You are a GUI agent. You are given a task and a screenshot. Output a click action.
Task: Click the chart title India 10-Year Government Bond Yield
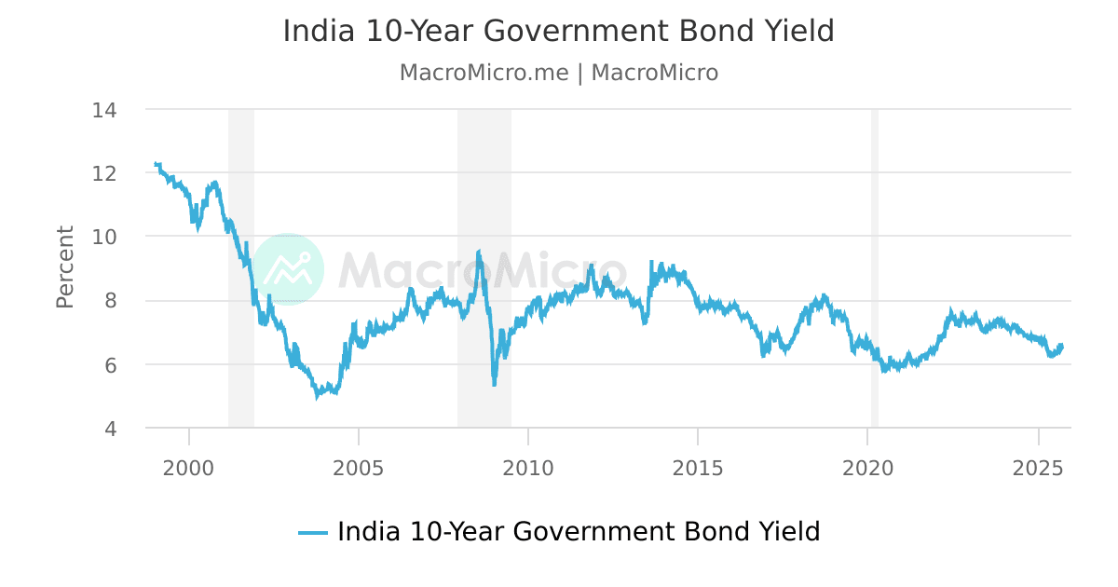click(558, 32)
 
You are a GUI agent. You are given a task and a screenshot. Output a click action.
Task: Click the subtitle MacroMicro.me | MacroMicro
click(558, 73)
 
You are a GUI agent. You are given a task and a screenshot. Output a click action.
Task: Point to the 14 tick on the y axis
click(104, 110)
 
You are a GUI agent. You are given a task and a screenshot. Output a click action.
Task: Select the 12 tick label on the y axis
click(104, 173)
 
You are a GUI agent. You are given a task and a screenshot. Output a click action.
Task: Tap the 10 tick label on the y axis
click(104, 237)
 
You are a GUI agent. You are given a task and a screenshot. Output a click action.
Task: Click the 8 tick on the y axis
click(110, 301)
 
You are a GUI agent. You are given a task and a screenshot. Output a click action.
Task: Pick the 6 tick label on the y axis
click(110, 364)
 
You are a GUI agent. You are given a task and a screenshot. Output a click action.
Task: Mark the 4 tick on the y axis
click(110, 429)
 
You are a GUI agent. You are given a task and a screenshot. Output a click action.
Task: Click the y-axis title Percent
click(64, 266)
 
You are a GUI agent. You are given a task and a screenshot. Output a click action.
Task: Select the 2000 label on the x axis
click(189, 466)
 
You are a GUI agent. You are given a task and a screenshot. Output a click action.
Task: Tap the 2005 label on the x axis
click(359, 466)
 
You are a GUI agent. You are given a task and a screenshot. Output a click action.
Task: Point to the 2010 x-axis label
click(528, 466)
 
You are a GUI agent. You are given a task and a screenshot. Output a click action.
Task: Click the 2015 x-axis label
click(698, 466)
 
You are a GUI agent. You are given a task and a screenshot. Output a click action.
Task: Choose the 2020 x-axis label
click(867, 466)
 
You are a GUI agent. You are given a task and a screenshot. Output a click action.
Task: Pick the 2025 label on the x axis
click(1038, 466)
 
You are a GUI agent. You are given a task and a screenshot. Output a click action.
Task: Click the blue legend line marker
click(313, 533)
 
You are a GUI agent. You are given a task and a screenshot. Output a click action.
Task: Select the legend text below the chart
click(579, 532)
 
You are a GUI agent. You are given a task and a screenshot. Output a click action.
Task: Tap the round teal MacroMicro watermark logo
click(288, 269)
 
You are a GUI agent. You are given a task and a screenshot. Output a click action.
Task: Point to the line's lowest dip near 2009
click(494, 384)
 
